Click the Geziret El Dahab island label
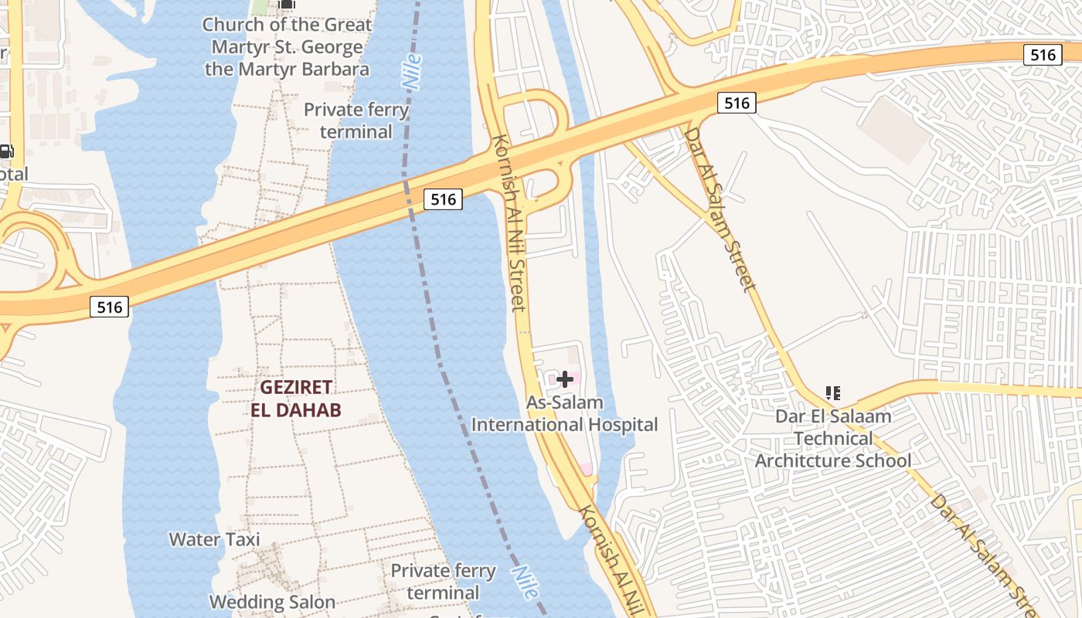(x=296, y=398)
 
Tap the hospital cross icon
(x=565, y=379)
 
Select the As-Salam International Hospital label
(x=565, y=413)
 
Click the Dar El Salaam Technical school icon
(x=832, y=393)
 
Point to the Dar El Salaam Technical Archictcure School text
(x=833, y=439)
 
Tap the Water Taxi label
(x=215, y=539)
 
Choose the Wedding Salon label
(x=272, y=602)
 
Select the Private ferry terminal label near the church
(x=356, y=121)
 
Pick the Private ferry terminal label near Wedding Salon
(x=443, y=582)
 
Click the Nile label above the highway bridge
(x=411, y=71)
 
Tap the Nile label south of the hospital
(x=523, y=581)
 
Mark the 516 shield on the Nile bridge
(x=443, y=199)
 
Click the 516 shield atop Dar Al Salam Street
(x=736, y=103)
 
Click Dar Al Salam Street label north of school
(x=719, y=209)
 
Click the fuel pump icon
(x=5, y=151)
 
